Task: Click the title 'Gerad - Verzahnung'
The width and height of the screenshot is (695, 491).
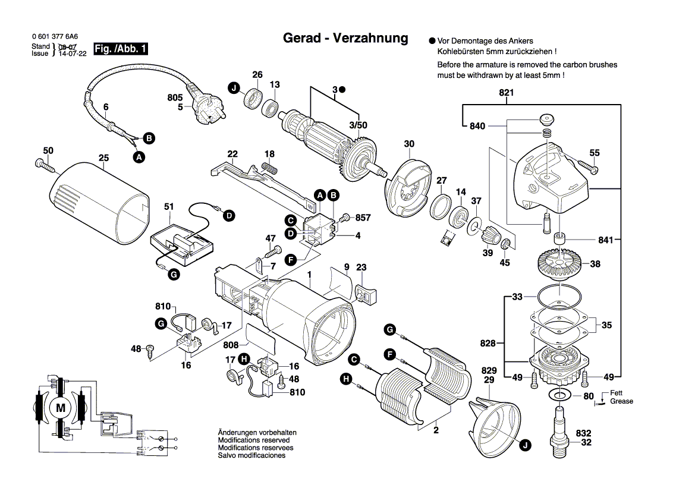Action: pos(345,38)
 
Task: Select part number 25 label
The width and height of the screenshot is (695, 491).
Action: pos(104,159)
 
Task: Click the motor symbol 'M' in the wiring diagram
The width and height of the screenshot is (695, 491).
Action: pos(59,408)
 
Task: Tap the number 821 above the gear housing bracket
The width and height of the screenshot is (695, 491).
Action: pos(506,93)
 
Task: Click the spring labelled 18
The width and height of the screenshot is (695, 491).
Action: pos(271,167)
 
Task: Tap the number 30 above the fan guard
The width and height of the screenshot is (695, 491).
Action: pos(409,144)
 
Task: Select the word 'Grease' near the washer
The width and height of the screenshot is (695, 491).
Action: pos(621,401)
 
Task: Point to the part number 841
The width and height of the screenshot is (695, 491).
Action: pos(605,240)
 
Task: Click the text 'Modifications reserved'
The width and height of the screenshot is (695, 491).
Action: pos(250,440)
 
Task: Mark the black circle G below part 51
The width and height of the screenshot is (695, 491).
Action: pos(173,274)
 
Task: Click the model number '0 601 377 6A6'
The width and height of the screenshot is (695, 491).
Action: pos(55,37)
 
